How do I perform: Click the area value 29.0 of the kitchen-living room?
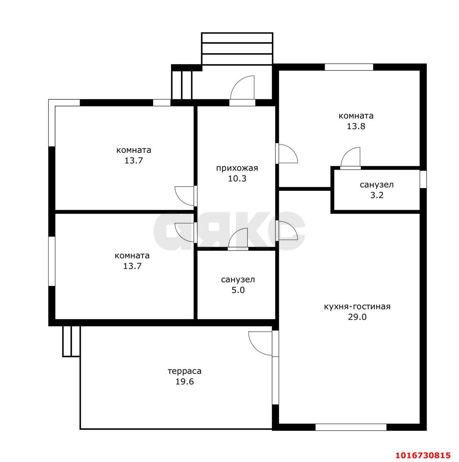[x=357, y=317]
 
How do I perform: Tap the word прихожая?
[x=237, y=168]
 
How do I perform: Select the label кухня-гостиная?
[x=357, y=307]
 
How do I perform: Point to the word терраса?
[x=184, y=371]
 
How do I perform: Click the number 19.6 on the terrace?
[x=184, y=382]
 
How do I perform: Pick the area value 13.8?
[x=356, y=126]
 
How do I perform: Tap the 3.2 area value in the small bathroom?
[x=377, y=195]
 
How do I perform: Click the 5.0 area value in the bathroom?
[x=238, y=290]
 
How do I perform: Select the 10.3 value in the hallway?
[x=237, y=179]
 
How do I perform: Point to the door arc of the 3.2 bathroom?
[x=350, y=157]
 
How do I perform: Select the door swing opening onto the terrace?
[x=261, y=344]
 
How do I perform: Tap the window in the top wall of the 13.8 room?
[x=349, y=67]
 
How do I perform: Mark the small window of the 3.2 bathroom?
[x=423, y=179]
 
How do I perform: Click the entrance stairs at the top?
[x=237, y=49]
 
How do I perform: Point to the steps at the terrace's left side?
[x=71, y=341]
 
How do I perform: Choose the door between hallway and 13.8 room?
[x=287, y=153]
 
